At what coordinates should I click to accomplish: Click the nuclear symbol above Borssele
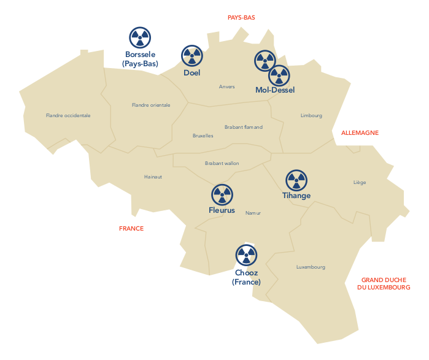[x=140, y=38]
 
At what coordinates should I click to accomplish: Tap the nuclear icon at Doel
[x=192, y=56]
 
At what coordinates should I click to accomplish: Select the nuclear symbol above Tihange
[x=296, y=180]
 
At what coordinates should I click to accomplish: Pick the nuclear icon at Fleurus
[x=222, y=194]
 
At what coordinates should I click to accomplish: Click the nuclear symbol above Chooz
[x=246, y=255]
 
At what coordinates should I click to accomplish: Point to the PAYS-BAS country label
[x=241, y=18]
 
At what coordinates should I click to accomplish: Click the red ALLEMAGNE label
[x=360, y=132]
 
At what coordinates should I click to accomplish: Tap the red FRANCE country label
[x=131, y=229]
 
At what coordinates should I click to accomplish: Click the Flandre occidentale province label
[x=68, y=115]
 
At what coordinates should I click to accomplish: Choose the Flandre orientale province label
[x=151, y=105]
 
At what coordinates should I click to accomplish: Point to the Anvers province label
[x=227, y=86]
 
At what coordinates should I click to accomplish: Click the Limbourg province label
[x=311, y=115]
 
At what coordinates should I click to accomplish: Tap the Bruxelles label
[x=203, y=136]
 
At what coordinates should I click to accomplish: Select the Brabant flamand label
[x=244, y=127]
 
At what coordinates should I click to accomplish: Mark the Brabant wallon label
[x=222, y=163]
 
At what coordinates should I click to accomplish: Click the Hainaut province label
[x=153, y=177]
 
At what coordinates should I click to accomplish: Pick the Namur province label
[x=253, y=213]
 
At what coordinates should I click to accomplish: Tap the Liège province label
[x=360, y=182]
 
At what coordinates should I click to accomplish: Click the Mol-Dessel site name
[x=275, y=90]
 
